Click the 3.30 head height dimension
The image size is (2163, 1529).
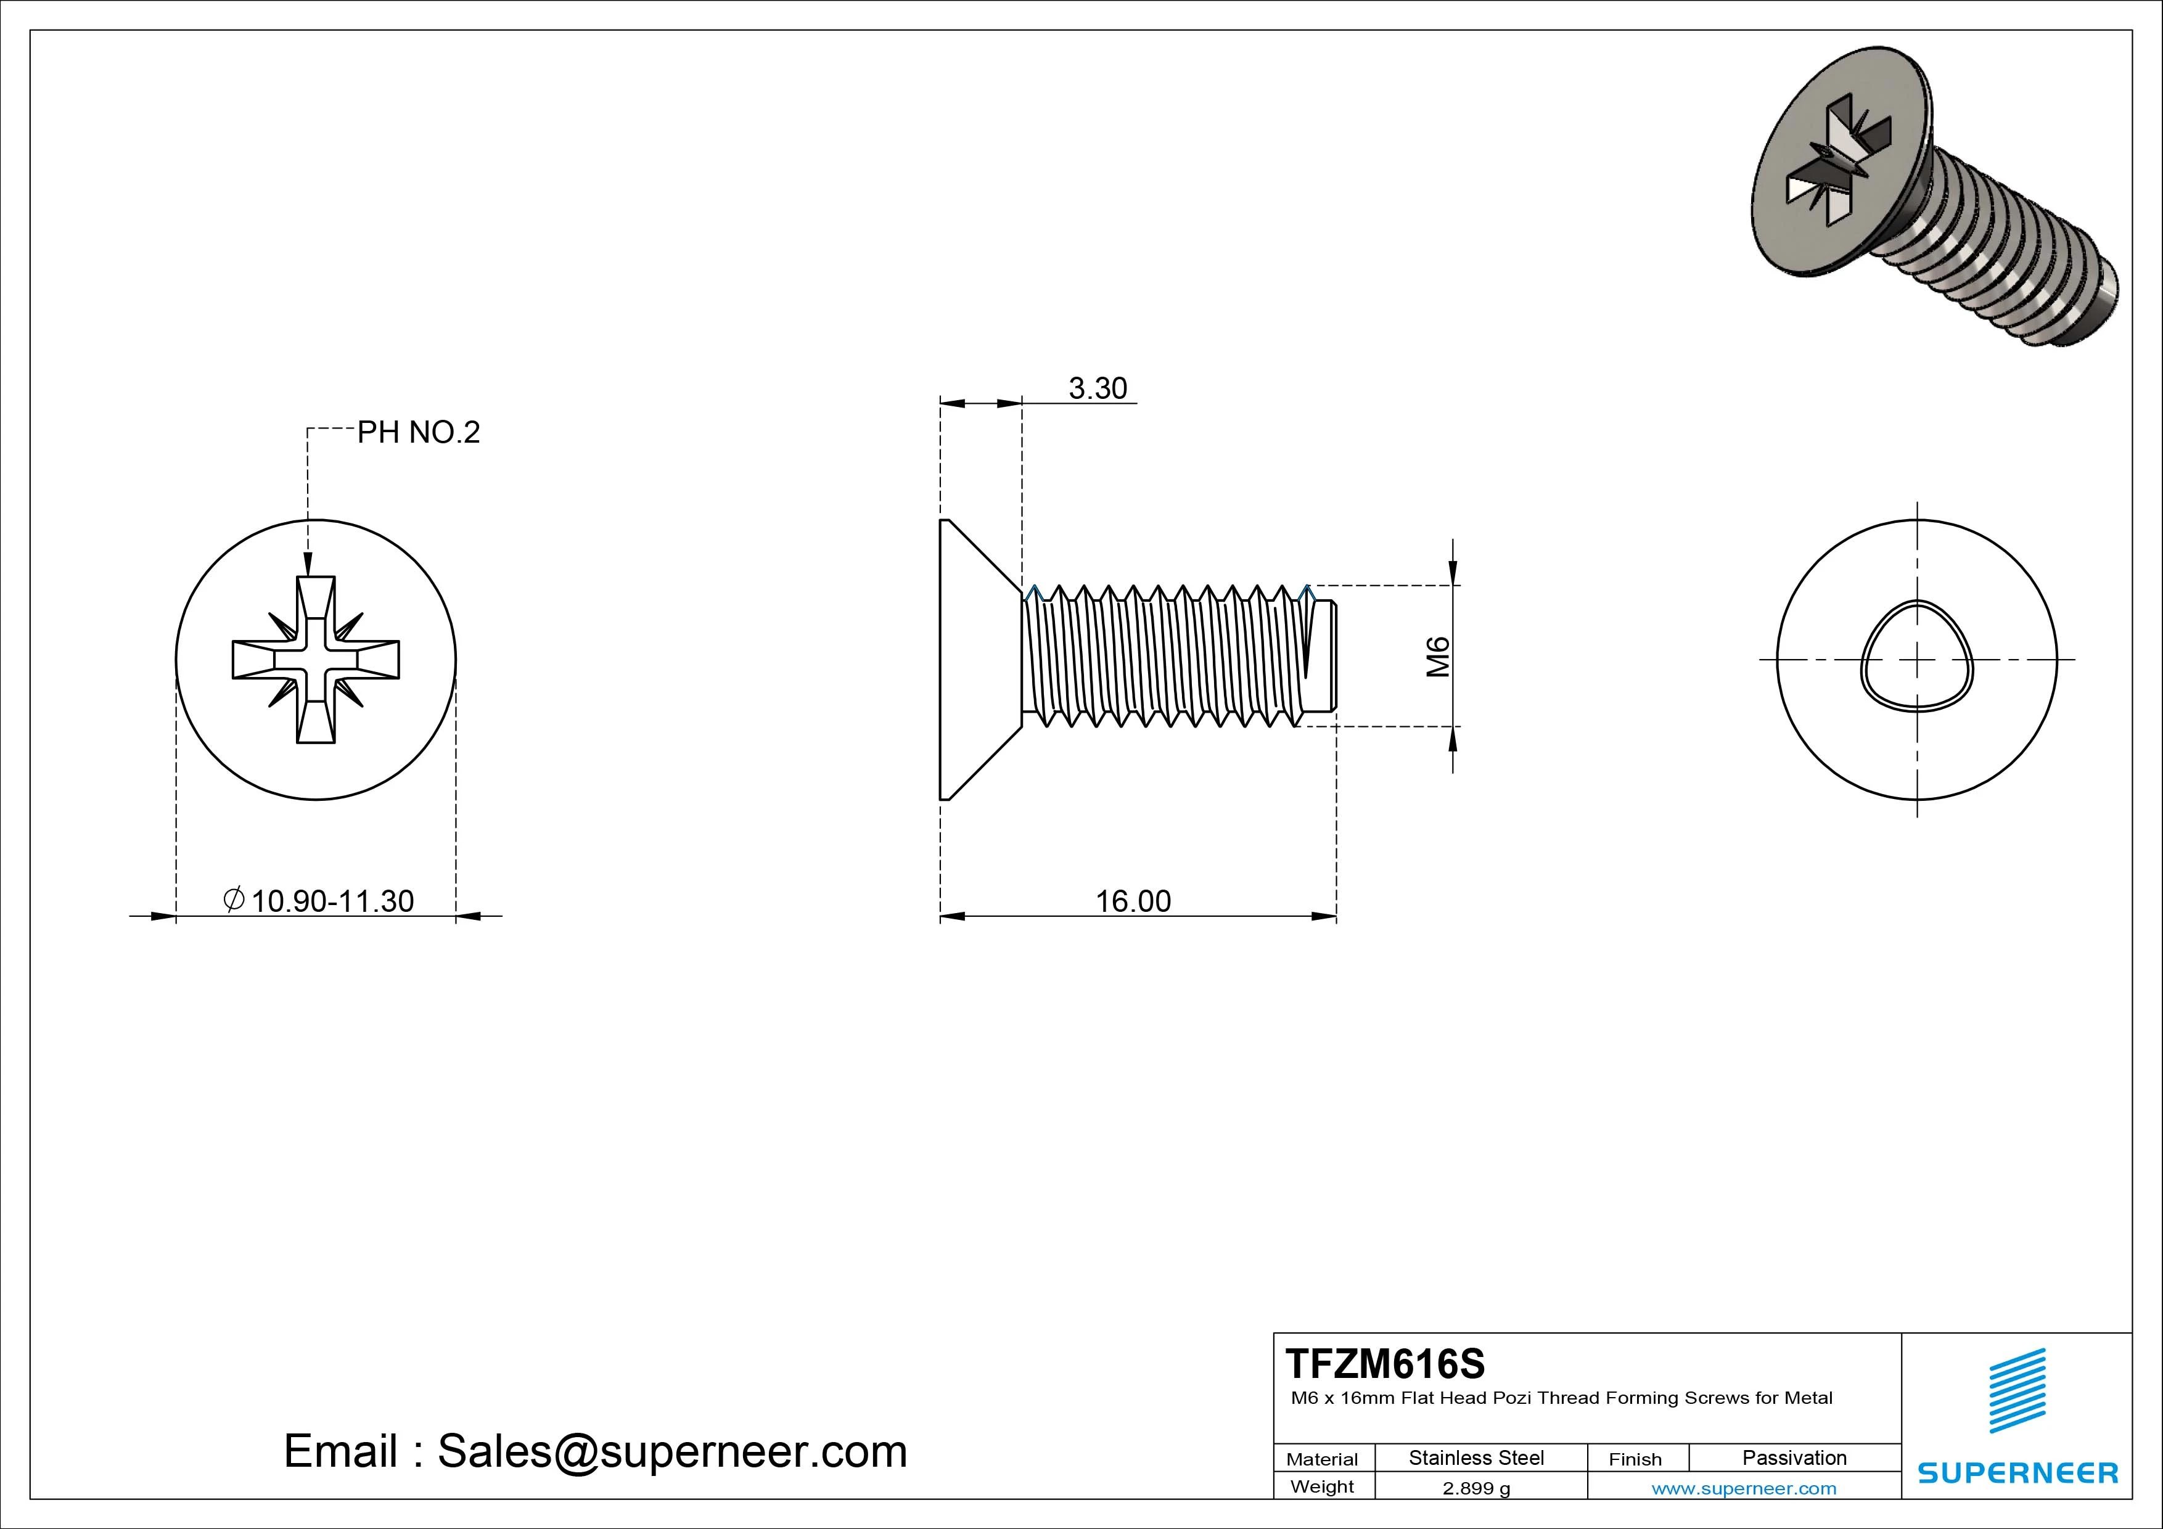coord(1098,388)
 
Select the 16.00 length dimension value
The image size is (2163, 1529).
coord(1133,901)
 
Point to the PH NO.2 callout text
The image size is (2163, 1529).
coord(418,432)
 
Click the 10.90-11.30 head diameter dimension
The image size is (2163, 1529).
coord(332,901)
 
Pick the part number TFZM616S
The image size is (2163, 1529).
coord(1385,1363)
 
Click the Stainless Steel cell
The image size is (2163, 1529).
coord(1476,1458)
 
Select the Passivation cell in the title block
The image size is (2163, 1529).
coord(1794,1458)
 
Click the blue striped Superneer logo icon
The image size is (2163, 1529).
coord(2017,1390)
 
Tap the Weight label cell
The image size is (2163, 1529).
coord(1322,1486)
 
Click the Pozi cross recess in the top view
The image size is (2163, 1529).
coord(316,660)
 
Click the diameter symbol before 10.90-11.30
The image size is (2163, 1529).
coord(234,899)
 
